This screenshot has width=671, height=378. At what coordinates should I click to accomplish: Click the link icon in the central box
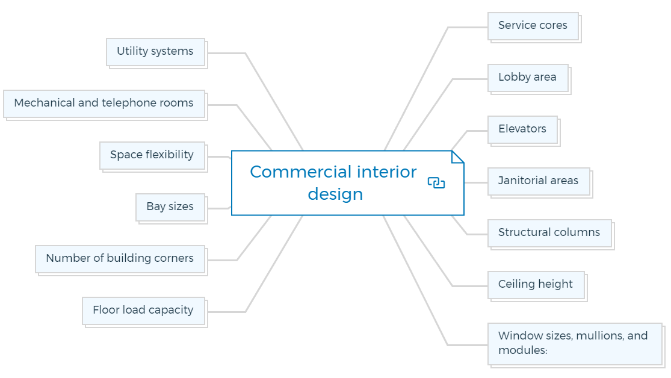pos(436,183)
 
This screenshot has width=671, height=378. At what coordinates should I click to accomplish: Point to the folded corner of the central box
pos(457,157)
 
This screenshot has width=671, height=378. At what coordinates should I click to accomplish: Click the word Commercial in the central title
pos(301,172)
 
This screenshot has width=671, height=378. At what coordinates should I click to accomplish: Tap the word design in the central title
pos(336,195)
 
